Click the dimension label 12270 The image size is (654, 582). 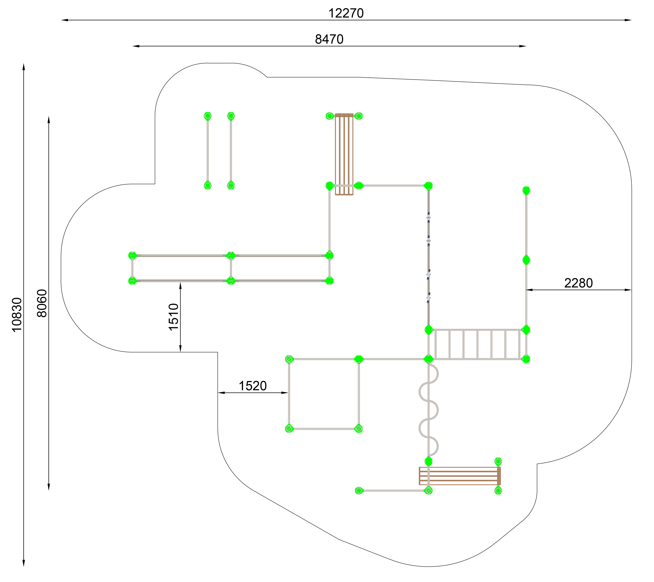[346, 13]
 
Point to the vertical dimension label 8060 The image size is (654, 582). [42, 303]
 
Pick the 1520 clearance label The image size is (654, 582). [253, 386]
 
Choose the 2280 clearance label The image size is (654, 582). [578, 283]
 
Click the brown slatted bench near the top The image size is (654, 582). [344, 154]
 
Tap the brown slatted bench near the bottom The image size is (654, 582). [460, 476]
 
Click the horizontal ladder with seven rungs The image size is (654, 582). [477, 344]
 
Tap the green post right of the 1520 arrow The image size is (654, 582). [289, 359]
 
